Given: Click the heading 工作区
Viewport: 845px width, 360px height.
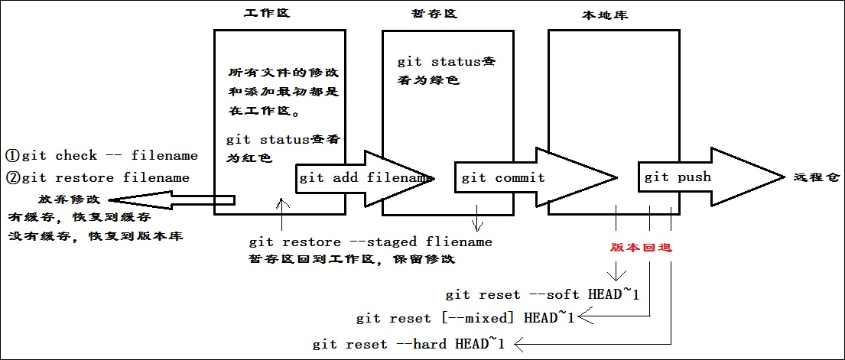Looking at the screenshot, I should tap(267, 14).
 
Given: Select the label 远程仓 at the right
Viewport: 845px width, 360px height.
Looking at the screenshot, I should tap(816, 177).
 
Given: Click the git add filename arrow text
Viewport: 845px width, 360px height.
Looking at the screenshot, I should tap(364, 178).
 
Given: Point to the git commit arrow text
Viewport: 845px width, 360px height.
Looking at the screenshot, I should tap(503, 178).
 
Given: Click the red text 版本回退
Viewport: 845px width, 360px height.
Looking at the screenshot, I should tap(642, 248).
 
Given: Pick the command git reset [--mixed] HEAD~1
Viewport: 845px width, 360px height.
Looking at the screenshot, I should tap(465, 318).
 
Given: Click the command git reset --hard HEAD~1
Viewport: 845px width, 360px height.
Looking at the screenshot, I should tap(409, 345).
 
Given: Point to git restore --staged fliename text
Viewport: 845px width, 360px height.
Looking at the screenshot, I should tap(371, 242).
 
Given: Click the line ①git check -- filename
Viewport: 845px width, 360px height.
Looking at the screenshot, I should tap(102, 156).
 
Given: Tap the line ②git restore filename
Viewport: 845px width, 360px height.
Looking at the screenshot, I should tap(98, 178).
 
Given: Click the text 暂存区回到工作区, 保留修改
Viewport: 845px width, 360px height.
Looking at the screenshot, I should tap(352, 259).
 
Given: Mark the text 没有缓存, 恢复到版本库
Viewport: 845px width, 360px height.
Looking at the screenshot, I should tap(96, 236).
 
